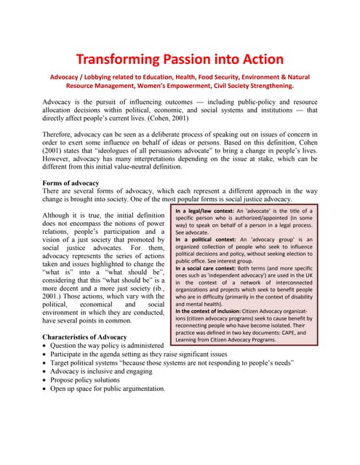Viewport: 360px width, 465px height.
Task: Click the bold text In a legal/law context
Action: click(215, 211)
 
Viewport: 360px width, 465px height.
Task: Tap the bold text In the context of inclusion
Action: click(217, 310)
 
